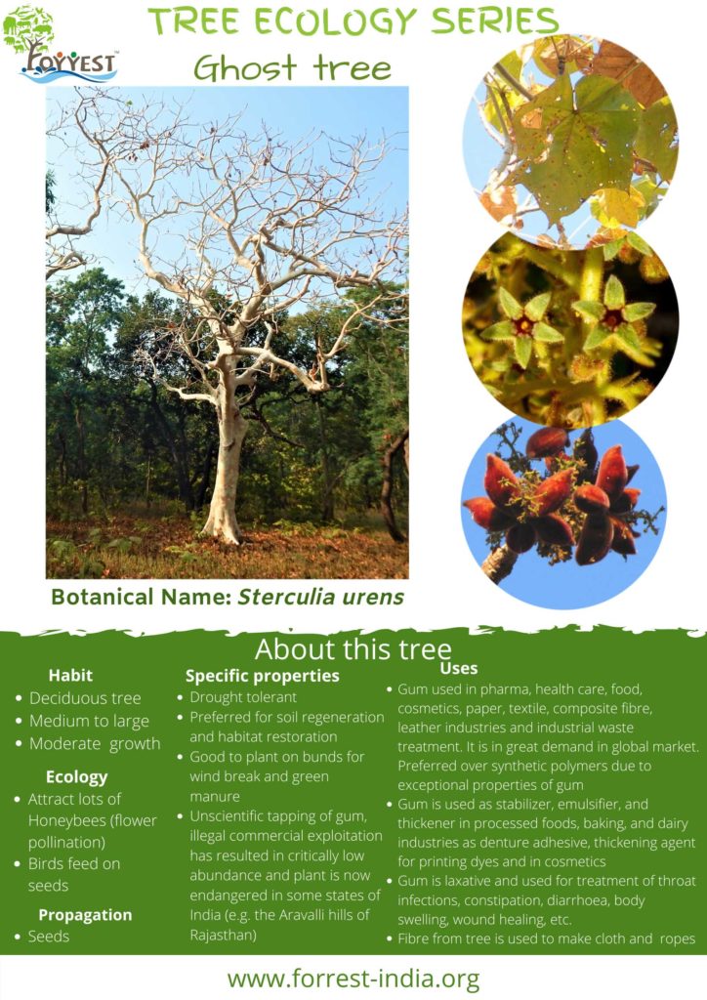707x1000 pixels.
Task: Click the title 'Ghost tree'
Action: pyautogui.click(x=292, y=67)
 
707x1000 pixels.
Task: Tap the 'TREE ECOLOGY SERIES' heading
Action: pyautogui.click(x=353, y=21)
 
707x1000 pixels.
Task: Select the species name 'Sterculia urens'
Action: pyautogui.click(x=321, y=596)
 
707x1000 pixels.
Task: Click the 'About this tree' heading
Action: pyautogui.click(x=353, y=649)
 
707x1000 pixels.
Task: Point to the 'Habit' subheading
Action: pyautogui.click(x=71, y=675)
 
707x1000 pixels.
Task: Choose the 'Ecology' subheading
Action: pyautogui.click(x=76, y=776)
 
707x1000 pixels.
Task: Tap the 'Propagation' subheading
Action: pyautogui.click(x=85, y=914)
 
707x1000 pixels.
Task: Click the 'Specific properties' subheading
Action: pyautogui.click(x=263, y=675)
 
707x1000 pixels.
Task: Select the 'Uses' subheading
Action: pyautogui.click(x=459, y=668)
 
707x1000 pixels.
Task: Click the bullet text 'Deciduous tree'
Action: pyautogui.click(x=85, y=698)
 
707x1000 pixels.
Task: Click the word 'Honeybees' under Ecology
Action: pyautogui.click(x=65, y=820)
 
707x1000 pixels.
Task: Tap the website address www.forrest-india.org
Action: pyautogui.click(x=353, y=978)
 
